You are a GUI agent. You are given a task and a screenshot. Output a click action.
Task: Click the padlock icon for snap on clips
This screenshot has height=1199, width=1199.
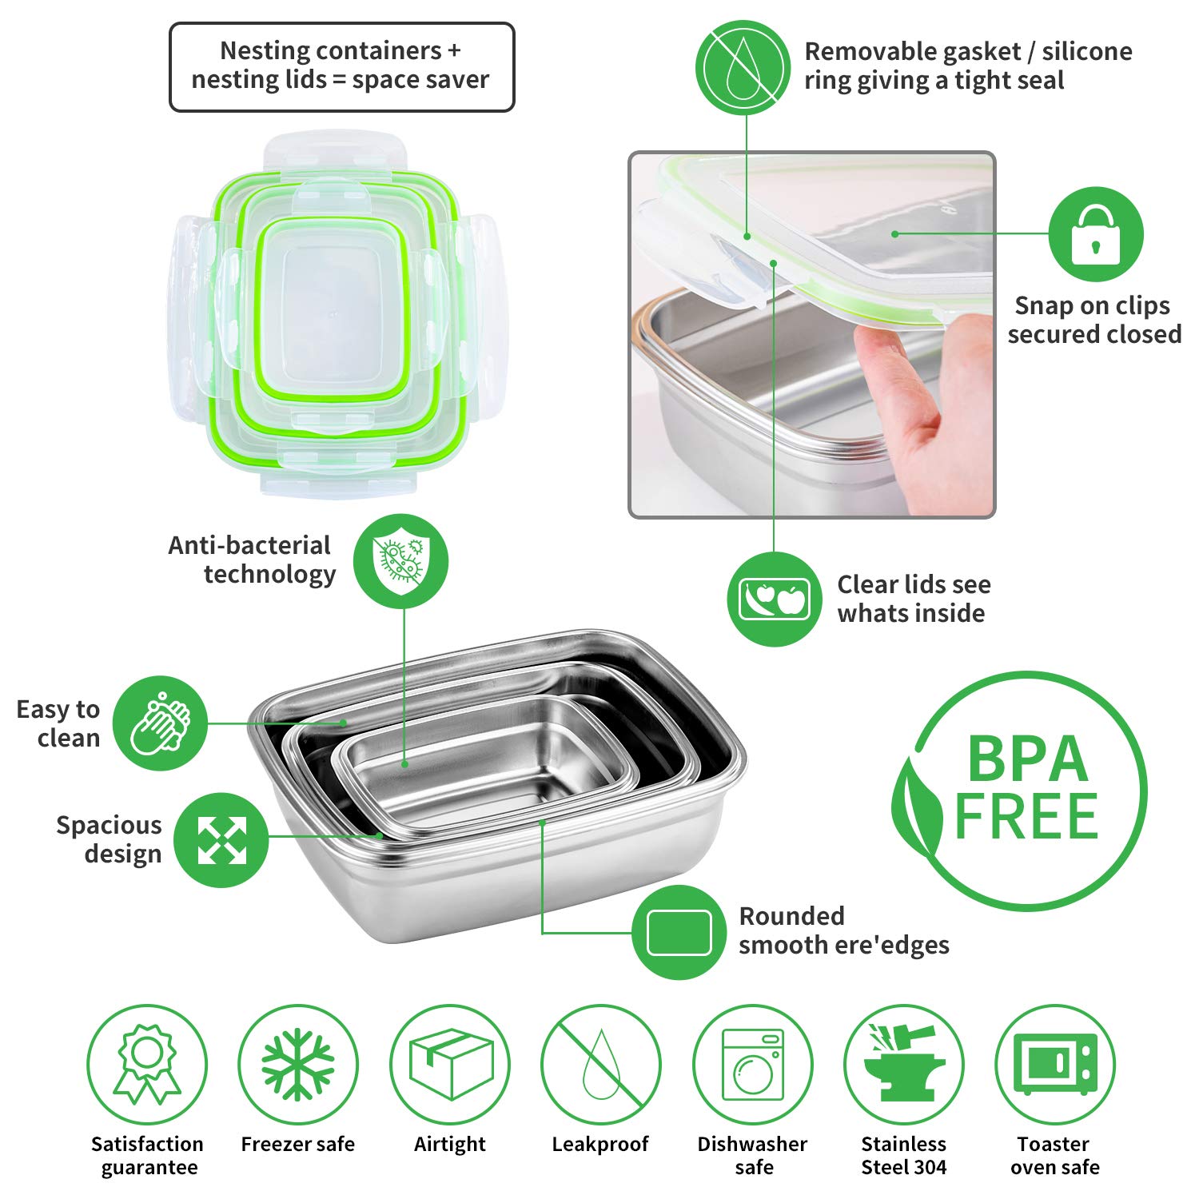(1095, 233)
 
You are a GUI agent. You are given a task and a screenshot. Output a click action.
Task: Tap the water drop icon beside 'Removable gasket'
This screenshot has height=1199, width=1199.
(742, 66)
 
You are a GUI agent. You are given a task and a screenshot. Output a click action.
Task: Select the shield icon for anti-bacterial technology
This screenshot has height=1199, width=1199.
(401, 560)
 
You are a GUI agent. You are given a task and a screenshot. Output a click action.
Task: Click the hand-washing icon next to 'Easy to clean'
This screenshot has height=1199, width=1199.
(160, 723)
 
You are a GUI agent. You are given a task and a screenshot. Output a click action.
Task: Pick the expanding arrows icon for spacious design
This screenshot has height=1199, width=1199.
(221, 839)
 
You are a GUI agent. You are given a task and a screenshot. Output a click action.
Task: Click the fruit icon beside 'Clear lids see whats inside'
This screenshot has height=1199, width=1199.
(774, 599)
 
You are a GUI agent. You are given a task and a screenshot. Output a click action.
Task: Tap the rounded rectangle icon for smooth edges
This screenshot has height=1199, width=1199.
(679, 932)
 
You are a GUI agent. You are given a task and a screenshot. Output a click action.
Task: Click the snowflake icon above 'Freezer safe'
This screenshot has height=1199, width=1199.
(298, 1064)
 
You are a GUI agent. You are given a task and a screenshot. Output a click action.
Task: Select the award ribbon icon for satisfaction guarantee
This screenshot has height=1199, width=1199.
(147, 1064)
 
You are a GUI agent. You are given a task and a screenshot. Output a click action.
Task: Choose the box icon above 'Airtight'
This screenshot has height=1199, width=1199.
(450, 1064)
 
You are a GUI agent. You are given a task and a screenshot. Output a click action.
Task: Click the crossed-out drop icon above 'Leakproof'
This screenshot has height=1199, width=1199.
(601, 1064)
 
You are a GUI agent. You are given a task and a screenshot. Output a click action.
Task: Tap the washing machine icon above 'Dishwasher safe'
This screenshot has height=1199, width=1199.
(752, 1064)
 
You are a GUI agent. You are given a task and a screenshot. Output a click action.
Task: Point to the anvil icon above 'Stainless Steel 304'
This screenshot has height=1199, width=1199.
(903, 1064)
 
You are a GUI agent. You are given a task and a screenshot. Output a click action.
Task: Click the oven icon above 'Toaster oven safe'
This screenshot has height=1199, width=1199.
(1055, 1064)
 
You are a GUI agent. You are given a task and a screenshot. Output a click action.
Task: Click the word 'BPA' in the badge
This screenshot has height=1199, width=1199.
(1028, 759)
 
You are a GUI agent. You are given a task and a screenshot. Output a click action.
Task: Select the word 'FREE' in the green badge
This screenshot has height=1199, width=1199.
(1026, 817)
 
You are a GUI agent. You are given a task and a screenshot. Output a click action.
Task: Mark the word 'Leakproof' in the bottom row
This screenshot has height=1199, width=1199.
(600, 1144)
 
